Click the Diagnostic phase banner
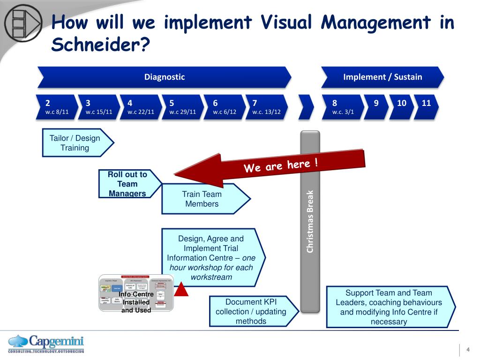[164, 77]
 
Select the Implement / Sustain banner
[382, 77]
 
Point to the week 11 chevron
[427, 107]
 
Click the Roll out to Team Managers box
[127, 184]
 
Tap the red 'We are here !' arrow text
[281, 165]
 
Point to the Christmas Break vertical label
[310, 221]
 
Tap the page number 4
[468, 349]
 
